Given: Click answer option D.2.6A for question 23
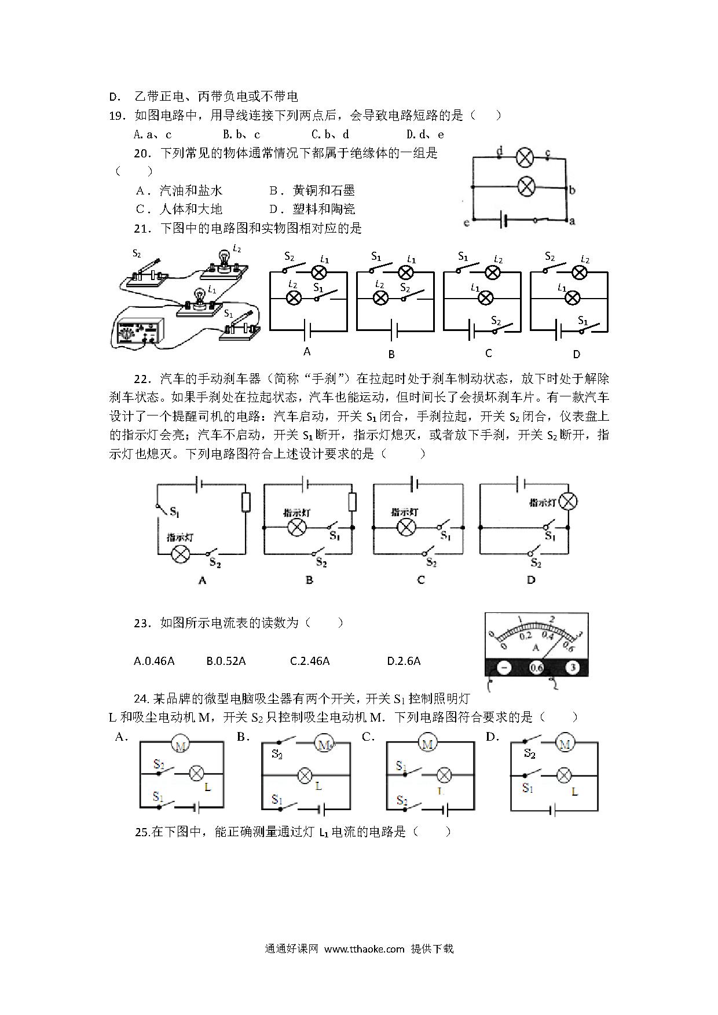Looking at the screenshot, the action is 404,661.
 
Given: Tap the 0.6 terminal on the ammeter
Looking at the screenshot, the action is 537,668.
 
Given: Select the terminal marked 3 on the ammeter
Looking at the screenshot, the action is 572,668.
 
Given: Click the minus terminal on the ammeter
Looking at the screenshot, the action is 504,668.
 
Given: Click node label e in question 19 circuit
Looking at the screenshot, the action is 467,222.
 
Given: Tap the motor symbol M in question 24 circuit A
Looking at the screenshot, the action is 180,746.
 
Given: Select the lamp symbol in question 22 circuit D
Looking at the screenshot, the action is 569,502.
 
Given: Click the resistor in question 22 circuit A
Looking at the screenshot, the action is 246,502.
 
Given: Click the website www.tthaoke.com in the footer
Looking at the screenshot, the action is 364,948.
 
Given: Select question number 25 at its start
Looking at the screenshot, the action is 142,832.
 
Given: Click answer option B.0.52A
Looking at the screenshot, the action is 226,661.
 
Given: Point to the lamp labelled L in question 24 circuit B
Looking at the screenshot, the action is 305,775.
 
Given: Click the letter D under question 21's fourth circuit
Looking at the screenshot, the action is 576,354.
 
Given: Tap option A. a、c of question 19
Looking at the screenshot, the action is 152,135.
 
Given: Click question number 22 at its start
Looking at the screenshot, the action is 141,380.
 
